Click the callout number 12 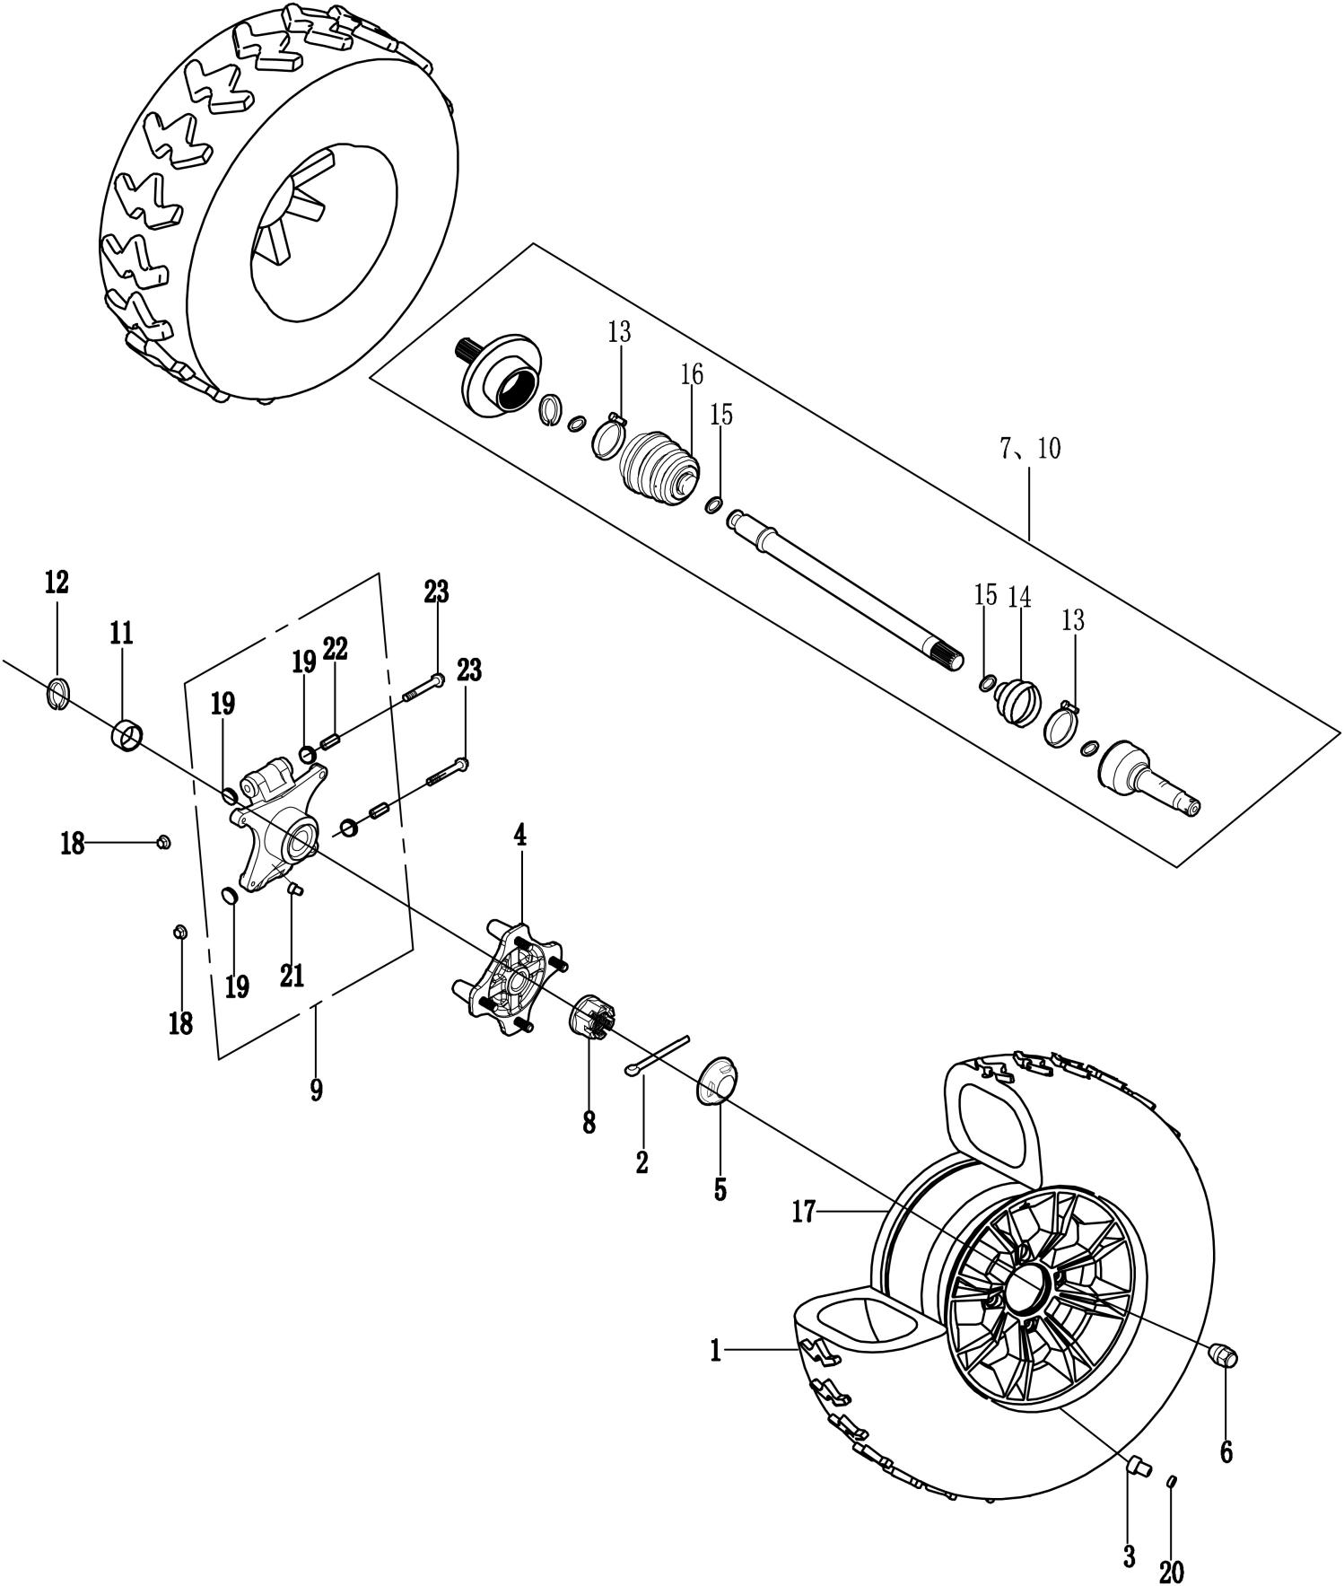[x=56, y=583]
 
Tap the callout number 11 [x=121, y=634]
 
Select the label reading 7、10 [x=1029, y=449]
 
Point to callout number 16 [x=692, y=375]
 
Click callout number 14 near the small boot [x=1019, y=597]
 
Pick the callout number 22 [x=336, y=650]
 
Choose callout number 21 [x=292, y=976]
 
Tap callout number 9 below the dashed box [x=316, y=1091]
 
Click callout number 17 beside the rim [x=804, y=1214]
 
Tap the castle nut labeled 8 [x=592, y=1018]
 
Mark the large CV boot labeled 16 [x=660, y=463]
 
